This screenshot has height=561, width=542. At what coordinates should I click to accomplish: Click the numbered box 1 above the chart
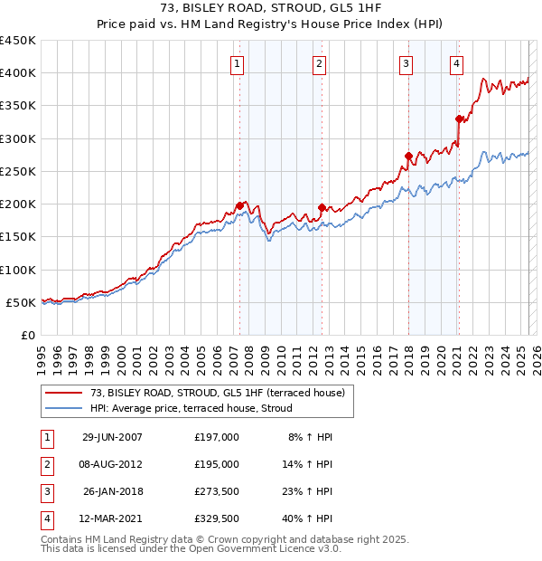237,63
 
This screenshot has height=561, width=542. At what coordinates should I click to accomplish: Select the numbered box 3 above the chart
406,63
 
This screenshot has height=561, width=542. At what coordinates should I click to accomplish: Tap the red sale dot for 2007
240,206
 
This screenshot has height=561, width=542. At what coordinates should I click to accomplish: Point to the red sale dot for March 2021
459,119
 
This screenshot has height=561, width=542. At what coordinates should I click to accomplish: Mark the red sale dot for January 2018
408,156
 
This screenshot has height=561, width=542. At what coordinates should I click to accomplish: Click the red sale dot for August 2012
322,207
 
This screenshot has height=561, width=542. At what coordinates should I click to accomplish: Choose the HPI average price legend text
191,408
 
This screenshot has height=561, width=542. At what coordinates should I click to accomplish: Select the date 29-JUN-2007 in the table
112,437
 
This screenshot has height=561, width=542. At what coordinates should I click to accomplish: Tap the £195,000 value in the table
216,464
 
